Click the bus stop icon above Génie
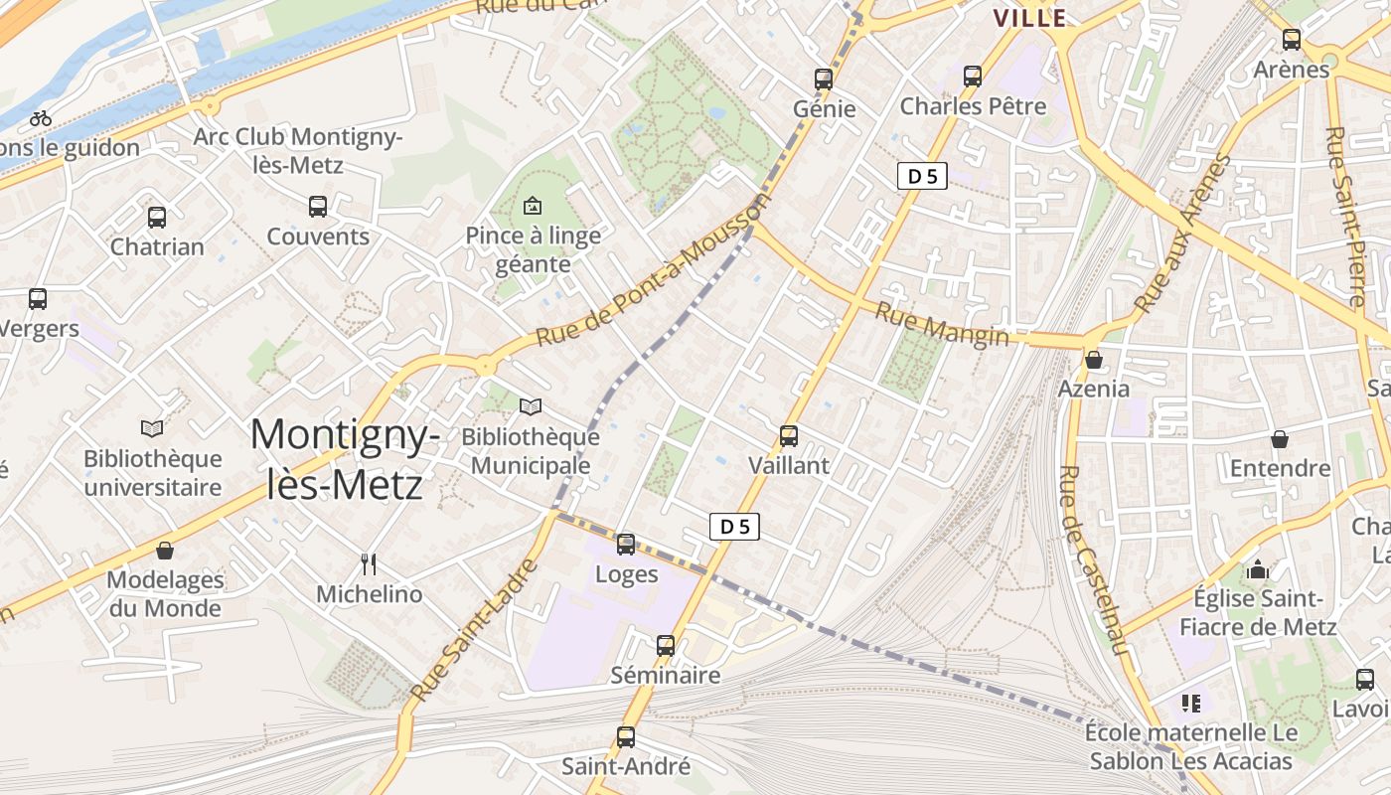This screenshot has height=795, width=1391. click(823, 79)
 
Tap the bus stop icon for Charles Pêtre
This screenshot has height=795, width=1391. click(972, 76)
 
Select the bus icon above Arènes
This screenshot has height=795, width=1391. click(1291, 40)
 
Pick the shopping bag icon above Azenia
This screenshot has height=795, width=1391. click(1093, 359)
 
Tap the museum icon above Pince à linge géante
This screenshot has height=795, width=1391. click(533, 206)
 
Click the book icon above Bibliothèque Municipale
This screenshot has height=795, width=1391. click(531, 406)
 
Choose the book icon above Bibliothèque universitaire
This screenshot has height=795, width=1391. click(152, 428)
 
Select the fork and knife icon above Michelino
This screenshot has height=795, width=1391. click(369, 564)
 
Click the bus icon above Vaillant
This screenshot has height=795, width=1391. click(788, 435)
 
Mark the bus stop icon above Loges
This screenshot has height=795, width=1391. click(625, 544)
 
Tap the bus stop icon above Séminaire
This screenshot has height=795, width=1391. click(665, 645)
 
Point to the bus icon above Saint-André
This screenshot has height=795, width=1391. click(625, 736)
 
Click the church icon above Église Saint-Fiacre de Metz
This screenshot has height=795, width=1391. click(1258, 569)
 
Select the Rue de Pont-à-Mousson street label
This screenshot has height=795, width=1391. click(654, 271)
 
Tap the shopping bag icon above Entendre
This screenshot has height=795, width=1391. click(1280, 438)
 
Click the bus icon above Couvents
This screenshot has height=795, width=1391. click(317, 206)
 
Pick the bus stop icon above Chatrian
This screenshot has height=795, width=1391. click(156, 217)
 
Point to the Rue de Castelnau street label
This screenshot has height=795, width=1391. click(1094, 560)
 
